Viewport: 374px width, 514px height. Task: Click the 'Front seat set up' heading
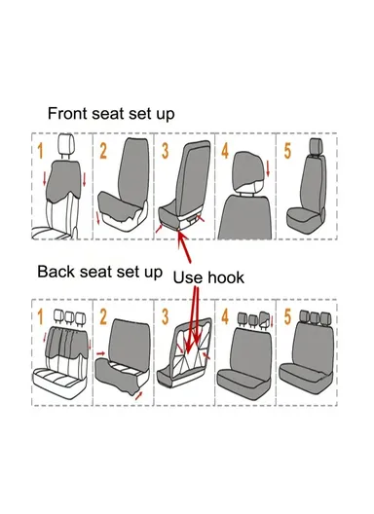[111, 114]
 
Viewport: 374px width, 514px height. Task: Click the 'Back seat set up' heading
[99, 272]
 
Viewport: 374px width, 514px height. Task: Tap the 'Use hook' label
[208, 277]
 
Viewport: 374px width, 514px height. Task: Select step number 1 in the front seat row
[40, 151]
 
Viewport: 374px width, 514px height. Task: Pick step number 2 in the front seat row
[103, 151]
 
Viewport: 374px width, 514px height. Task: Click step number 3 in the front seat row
[165, 151]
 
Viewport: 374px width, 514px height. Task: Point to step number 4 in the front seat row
[225, 151]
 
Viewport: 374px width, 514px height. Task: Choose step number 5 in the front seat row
[287, 151]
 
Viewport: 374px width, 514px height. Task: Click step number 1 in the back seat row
[40, 317]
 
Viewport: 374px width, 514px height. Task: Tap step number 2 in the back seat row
[103, 317]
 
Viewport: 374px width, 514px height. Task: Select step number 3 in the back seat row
[165, 317]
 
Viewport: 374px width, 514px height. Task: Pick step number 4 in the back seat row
[225, 317]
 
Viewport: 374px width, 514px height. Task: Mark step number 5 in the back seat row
[287, 317]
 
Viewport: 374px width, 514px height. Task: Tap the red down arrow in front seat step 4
[268, 168]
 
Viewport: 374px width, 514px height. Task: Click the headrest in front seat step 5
[316, 146]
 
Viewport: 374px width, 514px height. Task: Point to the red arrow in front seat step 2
[98, 218]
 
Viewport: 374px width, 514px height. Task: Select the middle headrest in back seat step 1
[69, 317]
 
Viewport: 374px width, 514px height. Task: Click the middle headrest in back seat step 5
[316, 316]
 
